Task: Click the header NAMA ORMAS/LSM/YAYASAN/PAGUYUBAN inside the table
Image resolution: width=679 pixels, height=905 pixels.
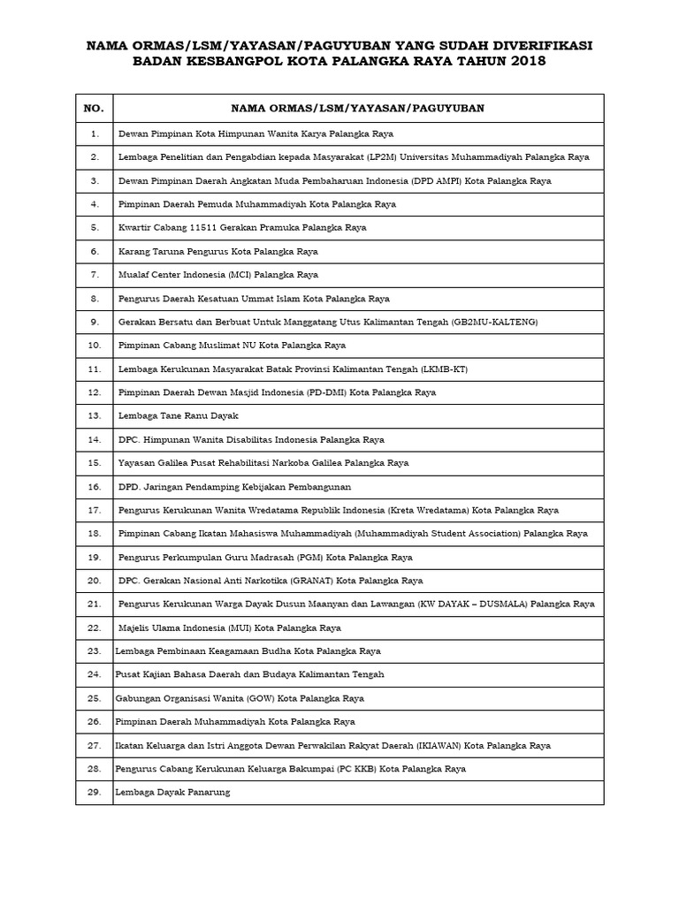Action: [357, 108]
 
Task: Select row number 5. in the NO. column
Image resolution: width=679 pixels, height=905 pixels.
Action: [94, 227]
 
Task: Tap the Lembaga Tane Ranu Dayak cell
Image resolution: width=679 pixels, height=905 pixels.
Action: [178, 415]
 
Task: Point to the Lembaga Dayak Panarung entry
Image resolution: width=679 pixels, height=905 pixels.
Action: [172, 793]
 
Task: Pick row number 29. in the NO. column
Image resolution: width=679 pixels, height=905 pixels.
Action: [94, 793]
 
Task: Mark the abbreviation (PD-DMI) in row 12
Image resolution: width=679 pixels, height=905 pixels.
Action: [324, 392]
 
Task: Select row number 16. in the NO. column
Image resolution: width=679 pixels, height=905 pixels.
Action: [94, 486]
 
